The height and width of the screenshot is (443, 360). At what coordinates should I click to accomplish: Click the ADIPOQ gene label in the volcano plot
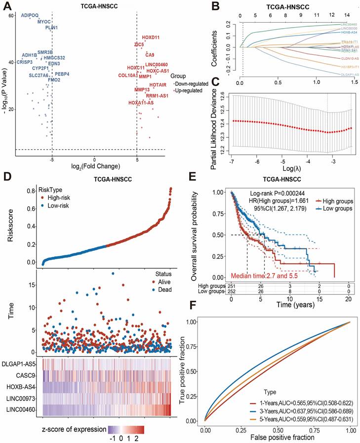(30, 15)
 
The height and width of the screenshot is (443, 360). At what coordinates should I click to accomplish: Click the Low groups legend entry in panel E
(338, 209)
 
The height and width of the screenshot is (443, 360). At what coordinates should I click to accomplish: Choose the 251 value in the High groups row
(231, 286)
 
